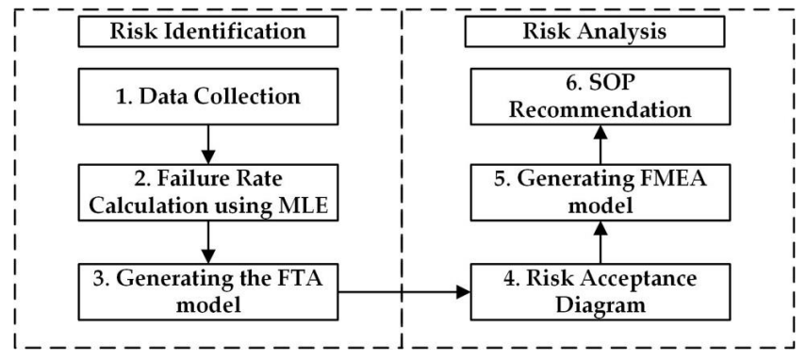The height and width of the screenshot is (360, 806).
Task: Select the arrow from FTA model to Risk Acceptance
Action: click(x=405, y=293)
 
